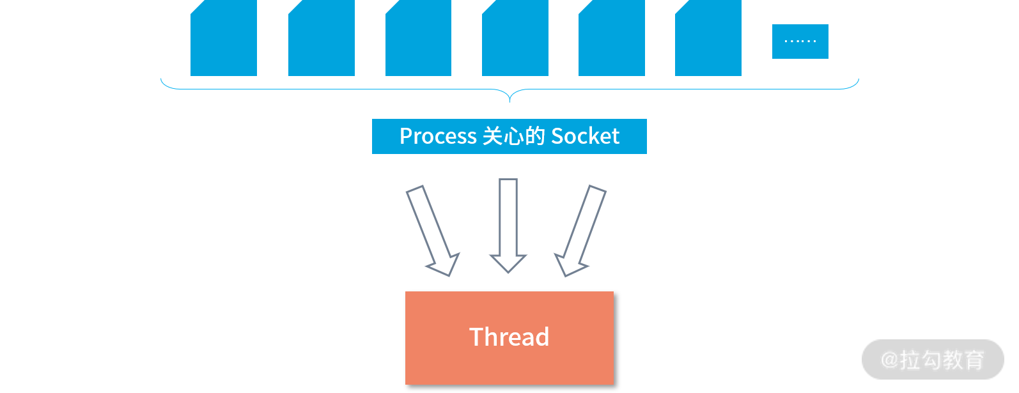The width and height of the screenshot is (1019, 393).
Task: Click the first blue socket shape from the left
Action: click(x=224, y=40)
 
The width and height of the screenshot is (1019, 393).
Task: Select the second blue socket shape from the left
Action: click(x=322, y=40)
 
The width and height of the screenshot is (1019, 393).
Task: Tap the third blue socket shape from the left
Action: click(x=418, y=40)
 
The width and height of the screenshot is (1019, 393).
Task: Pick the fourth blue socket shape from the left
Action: click(x=515, y=40)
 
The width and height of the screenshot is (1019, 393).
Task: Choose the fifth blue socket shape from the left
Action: click(x=612, y=40)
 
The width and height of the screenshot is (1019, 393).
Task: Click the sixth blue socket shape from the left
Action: click(x=708, y=40)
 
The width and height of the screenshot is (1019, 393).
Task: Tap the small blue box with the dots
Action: click(x=800, y=42)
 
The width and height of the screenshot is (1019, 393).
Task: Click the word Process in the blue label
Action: click(x=438, y=136)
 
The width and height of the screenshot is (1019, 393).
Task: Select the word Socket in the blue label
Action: click(x=585, y=136)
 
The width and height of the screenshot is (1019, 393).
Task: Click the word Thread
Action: click(x=509, y=337)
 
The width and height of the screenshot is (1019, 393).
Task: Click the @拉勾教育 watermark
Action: click(x=933, y=360)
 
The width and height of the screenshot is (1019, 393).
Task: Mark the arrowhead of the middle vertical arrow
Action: click(x=508, y=263)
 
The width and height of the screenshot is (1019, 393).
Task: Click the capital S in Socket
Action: click(x=557, y=136)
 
